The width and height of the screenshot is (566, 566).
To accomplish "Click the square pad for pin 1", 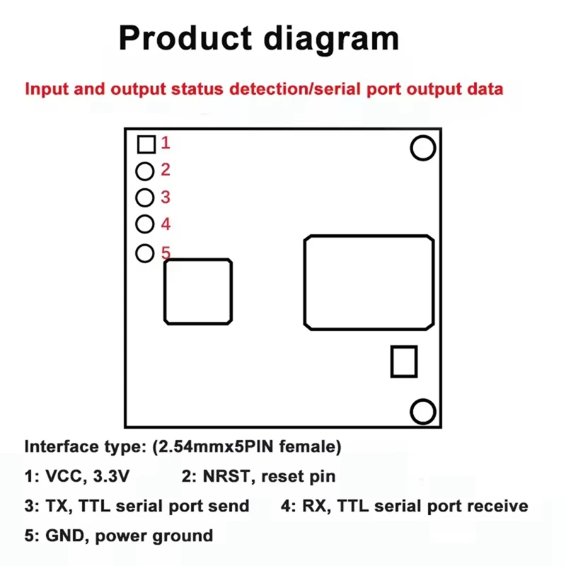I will tap(146, 144).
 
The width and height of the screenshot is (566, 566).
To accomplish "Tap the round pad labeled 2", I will tap(145, 171).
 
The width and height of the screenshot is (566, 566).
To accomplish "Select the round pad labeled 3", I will tap(145, 197).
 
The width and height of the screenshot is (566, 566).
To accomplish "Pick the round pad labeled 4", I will tap(145, 224).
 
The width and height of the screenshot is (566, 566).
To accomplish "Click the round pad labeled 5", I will tap(145, 253).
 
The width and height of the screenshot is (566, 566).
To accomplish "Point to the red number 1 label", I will tap(166, 143).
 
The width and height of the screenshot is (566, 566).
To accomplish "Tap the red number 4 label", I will tap(166, 224).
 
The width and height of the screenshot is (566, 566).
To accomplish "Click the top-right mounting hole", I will tap(422, 148).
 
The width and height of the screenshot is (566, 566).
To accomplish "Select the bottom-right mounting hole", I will tap(423, 411).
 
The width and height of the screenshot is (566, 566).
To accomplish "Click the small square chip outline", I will tap(198, 291).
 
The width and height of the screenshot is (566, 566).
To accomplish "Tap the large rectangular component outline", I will tap(369, 282).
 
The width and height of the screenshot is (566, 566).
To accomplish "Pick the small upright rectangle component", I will tap(404, 362).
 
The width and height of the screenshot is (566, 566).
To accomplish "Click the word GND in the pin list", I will tap(64, 535).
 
